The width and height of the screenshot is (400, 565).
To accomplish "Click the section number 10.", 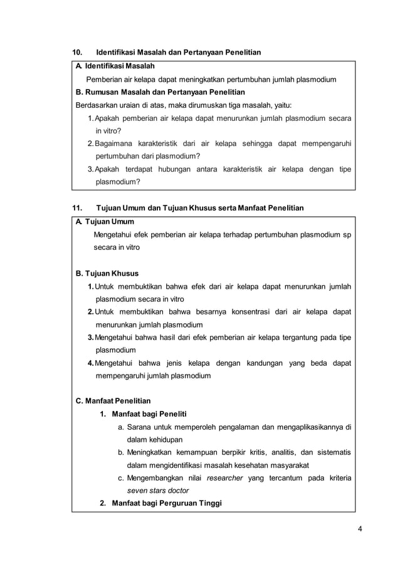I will click(80, 51).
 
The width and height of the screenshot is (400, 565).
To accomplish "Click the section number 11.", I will click(80, 207).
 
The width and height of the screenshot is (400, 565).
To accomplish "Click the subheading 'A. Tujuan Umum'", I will click(105, 222).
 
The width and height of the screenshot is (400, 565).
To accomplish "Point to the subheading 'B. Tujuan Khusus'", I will click(107, 273).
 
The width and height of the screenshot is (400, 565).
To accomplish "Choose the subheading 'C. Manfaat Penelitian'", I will click(113, 400).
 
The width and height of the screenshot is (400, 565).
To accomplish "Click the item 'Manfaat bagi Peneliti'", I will click(148, 414).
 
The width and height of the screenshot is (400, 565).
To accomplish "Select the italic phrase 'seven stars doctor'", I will click(157, 490).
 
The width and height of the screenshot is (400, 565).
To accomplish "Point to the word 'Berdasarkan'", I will click(97, 105).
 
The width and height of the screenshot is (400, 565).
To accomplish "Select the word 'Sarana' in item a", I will click(139, 427).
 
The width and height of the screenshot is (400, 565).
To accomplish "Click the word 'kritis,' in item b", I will click(260, 452).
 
